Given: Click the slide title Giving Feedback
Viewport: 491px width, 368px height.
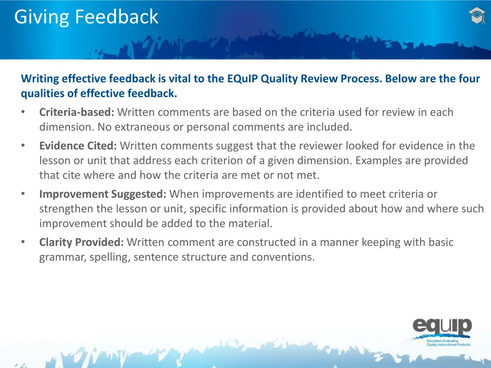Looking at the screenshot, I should coord(86,17).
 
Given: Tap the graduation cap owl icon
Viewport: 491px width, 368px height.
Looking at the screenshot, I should coord(477,16).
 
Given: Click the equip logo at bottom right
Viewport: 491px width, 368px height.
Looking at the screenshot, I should coord(442,327).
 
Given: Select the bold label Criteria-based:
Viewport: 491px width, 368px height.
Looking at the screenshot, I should coord(77,113).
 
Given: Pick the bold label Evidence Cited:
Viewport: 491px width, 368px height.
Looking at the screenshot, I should coord(78,146).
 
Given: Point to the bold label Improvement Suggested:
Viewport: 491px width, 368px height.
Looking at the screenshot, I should coord(103,194).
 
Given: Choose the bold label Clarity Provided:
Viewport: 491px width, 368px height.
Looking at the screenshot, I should coord(82,242).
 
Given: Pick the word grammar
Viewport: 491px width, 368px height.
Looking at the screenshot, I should coord(61,257).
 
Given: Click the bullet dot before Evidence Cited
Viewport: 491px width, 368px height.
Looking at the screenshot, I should coord(23,146).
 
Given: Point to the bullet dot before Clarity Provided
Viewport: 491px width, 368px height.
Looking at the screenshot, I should coord(23,242).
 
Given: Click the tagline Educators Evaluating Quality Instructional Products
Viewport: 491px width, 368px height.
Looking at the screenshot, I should coord(448,342).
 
